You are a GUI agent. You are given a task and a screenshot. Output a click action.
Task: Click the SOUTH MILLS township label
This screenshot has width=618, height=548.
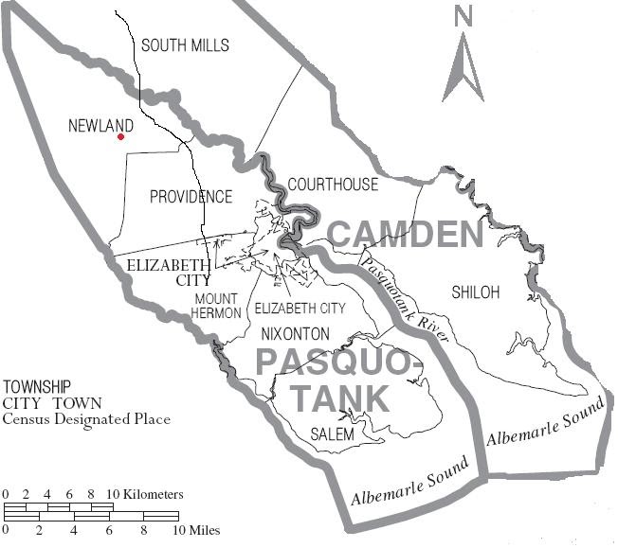(185, 45)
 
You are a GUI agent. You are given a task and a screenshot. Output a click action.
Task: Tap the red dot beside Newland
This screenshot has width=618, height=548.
(120, 137)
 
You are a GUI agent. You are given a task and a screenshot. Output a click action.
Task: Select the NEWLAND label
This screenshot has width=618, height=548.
(100, 125)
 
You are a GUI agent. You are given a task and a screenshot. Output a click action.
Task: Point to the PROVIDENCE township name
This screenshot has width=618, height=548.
(191, 197)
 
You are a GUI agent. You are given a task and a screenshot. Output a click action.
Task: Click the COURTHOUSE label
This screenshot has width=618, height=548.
(333, 185)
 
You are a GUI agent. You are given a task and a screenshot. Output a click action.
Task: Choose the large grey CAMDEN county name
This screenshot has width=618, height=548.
(406, 234)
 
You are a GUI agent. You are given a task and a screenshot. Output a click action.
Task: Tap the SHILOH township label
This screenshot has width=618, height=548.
(475, 292)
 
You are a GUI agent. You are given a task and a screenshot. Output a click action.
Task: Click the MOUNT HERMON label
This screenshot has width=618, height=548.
(218, 306)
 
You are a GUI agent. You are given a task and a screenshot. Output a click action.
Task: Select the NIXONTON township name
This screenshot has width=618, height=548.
(295, 334)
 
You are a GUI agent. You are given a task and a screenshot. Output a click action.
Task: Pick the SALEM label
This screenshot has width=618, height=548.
(332, 434)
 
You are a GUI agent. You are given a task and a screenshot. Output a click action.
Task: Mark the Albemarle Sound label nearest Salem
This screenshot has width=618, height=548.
(409, 483)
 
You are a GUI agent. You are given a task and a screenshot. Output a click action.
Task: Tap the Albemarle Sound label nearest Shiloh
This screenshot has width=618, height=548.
(545, 423)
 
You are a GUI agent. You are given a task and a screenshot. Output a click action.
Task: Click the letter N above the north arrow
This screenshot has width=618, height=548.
(463, 16)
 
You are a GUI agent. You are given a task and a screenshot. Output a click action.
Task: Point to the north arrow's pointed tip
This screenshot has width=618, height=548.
(463, 34)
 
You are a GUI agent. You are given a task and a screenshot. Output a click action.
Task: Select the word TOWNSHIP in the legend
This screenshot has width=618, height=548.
(37, 387)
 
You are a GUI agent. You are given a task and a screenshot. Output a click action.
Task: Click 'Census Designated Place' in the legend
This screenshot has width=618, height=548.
(86, 419)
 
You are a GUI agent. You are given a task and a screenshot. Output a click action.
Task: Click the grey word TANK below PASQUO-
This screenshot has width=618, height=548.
(339, 398)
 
